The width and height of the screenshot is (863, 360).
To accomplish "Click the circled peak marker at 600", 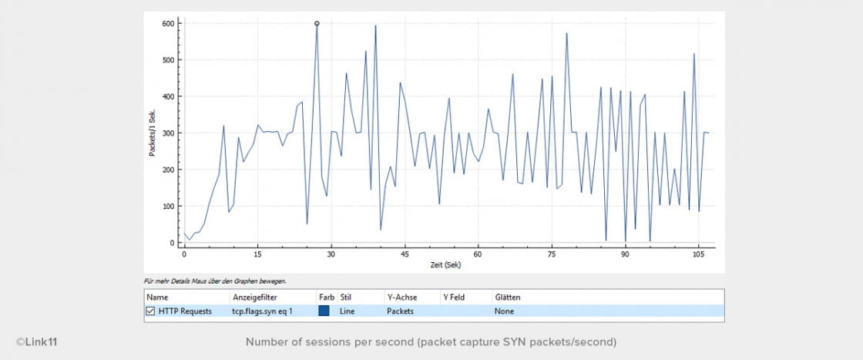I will pos(317,23).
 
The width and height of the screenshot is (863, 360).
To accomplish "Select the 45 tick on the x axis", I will pos(405,253).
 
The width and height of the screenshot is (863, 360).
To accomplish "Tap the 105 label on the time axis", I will pos(698,253).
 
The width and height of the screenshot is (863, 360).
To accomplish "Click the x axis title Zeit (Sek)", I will pos(446,264).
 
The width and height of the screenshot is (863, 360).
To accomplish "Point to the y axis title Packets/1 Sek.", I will pos(153,133).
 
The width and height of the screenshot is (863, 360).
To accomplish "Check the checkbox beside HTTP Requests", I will pos(150,311).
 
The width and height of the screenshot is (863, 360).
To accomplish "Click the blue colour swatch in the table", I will pos(324,311).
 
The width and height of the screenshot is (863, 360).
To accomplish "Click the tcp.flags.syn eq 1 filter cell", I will pos(261,311).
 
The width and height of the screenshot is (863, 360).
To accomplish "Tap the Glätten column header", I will pos(508,296).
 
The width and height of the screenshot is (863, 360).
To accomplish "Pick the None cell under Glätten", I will pos(504,311).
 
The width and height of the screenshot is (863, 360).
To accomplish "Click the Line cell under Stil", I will pos(347,311).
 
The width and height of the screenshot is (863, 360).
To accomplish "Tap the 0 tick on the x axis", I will pos(184,253).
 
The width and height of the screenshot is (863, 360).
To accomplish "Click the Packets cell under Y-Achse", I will pos(400,311).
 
